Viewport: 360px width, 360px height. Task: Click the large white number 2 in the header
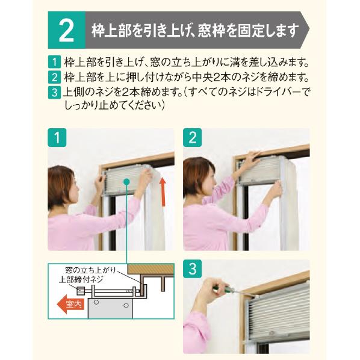[66, 30]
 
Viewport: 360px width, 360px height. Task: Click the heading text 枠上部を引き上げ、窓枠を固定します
[196, 31]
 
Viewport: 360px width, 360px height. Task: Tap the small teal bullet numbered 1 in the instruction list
[54, 62]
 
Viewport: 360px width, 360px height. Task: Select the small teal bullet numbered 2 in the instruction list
[54, 78]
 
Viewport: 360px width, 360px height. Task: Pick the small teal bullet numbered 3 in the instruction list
[54, 93]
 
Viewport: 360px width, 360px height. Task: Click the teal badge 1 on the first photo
[57, 137]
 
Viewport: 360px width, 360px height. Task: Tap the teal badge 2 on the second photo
[193, 137]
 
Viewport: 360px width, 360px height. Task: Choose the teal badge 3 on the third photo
[193, 268]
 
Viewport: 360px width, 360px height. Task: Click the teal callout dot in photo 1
[126, 182]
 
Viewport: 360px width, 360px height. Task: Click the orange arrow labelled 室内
[70, 304]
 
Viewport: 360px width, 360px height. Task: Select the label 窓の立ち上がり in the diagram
[91, 270]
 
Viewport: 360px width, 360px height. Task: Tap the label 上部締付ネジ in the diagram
[81, 280]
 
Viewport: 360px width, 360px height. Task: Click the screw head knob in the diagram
[81, 291]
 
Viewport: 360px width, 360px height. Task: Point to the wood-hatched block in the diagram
[151, 268]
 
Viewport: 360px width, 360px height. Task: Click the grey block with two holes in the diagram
[111, 308]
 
